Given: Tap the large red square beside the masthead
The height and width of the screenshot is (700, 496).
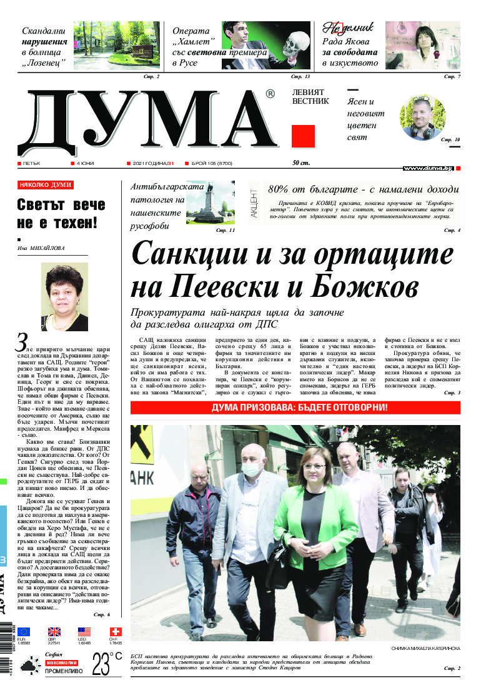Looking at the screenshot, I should click(x=303, y=136).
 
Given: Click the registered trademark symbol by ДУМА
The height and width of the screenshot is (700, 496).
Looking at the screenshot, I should click(x=270, y=94).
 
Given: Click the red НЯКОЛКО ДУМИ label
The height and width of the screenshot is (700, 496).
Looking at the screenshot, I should click(x=46, y=186).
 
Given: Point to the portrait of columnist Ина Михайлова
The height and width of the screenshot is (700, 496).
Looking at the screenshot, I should click(x=64, y=296).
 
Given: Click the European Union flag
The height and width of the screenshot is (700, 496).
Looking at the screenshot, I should click(x=23, y=632).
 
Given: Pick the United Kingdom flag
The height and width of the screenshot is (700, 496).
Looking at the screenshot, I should click(x=54, y=632).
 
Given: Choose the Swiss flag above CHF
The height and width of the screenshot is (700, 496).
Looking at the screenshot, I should click(x=115, y=632).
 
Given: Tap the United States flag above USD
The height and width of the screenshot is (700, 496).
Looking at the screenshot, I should click(x=84, y=632).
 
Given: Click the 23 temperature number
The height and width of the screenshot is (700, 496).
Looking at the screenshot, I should click(x=100, y=664).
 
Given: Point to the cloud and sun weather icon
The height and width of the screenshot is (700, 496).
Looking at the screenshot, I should click(x=27, y=667).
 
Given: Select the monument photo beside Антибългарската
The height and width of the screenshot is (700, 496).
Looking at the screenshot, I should click(x=210, y=203).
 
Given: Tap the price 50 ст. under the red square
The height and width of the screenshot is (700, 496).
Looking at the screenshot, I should click(x=301, y=164).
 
